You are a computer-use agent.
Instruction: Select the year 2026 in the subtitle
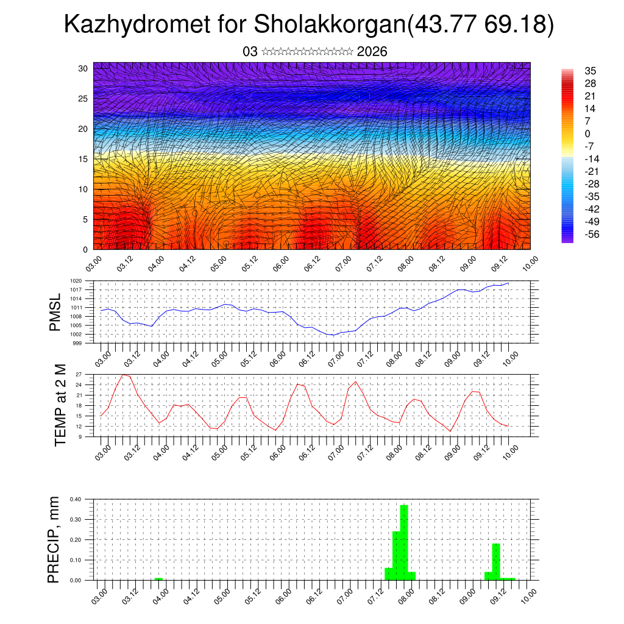[x=372, y=52]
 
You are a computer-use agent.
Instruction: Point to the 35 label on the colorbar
[x=590, y=71]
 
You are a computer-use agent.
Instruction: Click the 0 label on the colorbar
[x=587, y=133]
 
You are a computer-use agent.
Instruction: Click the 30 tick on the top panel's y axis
[x=82, y=68]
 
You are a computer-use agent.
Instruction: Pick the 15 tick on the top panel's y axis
[x=82, y=159]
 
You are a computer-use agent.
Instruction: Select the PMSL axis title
[x=55, y=312]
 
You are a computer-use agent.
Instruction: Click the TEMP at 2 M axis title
[x=60, y=405]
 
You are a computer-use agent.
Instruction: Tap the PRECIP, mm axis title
[x=55, y=539]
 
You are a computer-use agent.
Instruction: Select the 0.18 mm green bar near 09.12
[x=496, y=561]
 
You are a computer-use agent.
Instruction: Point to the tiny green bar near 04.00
[x=158, y=579]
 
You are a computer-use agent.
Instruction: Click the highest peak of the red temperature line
[x=124, y=375]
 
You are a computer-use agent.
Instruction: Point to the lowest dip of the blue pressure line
[x=333, y=335]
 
